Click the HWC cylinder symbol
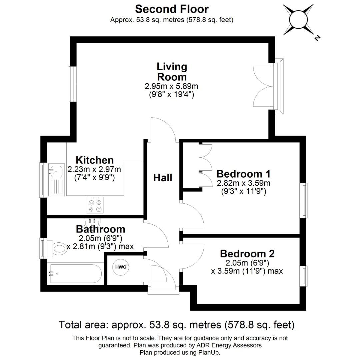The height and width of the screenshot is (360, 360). click(x=121, y=267)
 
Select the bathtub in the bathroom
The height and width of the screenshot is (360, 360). click(x=75, y=273)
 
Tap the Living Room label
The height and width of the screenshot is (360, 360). click(x=172, y=72)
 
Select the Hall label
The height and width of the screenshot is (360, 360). click(x=163, y=178)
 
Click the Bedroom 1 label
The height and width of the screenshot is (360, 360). click(x=243, y=174)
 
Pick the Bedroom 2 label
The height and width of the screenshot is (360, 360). click(x=247, y=253)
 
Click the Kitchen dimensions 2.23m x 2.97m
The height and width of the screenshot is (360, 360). click(x=94, y=170)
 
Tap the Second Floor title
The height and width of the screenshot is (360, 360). click(x=172, y=9)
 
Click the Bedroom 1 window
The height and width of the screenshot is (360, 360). click(x=305, y=200)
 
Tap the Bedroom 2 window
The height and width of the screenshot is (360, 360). click(x=305, y=276)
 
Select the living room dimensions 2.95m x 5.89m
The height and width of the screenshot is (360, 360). click(x=171, y=86)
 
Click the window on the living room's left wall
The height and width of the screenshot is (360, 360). click(x=71, y=84)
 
